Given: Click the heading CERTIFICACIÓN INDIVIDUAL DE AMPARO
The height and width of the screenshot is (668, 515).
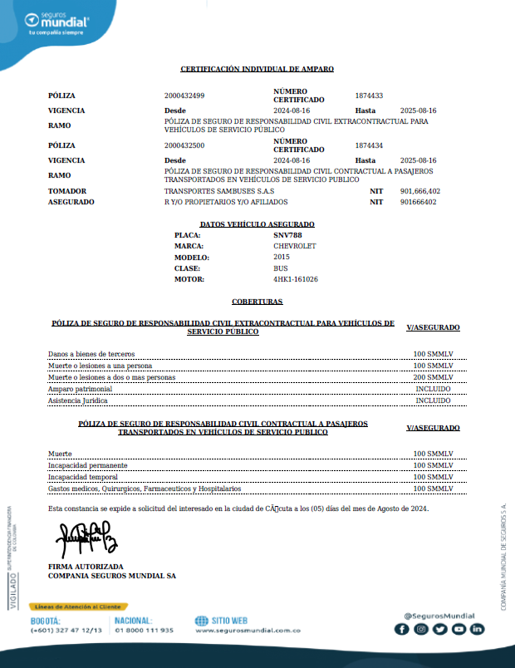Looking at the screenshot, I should pyautogui.click(x=257, y=69).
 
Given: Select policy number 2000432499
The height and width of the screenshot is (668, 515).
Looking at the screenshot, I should pyautogui.click(x=184, y=96).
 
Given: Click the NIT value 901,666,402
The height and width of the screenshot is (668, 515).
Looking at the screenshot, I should pyautogui.click(x=419, y=191).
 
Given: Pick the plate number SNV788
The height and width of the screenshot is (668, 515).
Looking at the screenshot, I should pyautogui.click(x=287, y=235).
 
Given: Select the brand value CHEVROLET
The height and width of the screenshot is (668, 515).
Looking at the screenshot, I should pyautogui.click(x=295, y=247).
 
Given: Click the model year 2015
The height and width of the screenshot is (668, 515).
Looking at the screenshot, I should pyautogui.click(x=282, y=258).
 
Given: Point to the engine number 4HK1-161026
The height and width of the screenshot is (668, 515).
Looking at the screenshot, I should pyautogui.click(x=296, y=279).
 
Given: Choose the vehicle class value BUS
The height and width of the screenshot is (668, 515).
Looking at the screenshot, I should pyautogui.click(x=281, y=268).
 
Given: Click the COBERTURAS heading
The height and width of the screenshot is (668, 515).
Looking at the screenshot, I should pyautogui.click(x=257, y=302).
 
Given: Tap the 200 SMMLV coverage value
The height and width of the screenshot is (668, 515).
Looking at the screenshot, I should pyautogui.click(x=433, y=377).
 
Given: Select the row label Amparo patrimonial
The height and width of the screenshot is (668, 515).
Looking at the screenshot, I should pyautogui.click(x=80, y=389).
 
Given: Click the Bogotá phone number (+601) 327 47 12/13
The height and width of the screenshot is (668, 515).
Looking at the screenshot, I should pyautogui.click(x=66, y=631).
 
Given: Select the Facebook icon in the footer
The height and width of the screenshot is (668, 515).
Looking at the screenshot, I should pyautogui.click(x=401, y=629).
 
